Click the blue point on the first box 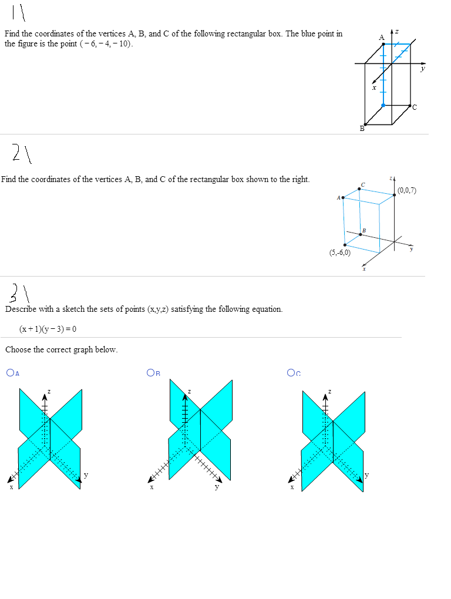(383, 105)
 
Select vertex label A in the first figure (381, 37)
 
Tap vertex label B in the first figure (362, 129)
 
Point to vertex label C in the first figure (414, 107)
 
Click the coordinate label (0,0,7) (406, 190)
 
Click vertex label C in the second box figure (363, 184)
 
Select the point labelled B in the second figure (361, 234)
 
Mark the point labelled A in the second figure (343, 198)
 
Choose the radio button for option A (10, 372)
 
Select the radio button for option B (151, 372)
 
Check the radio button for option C (291, 372)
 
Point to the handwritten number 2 (19, 154)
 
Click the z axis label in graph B (189, 391)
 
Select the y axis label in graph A (86, 475)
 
